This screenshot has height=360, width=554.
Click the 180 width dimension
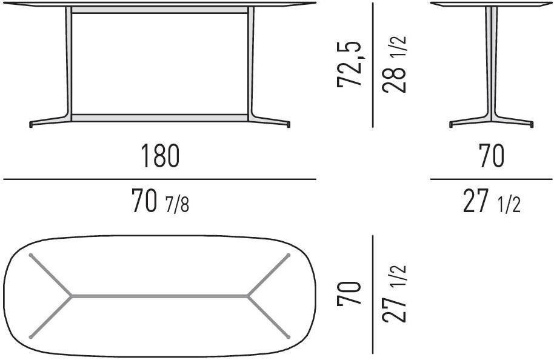tap(161, 156)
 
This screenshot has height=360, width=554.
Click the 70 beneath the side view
tap(491, 156)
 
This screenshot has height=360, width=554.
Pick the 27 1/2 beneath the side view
tap(492, 202)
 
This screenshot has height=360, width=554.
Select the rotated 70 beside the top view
tap(350, 295)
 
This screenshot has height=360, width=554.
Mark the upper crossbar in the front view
tap(159, 11)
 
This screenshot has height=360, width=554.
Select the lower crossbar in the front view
tap(159, 116)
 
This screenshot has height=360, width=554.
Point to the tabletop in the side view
tap(492, 4)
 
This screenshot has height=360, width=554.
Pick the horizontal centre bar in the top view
tap(160, 296)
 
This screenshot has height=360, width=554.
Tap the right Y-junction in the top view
tap(248, 296)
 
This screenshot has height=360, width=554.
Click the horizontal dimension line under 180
tap(159, 179)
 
